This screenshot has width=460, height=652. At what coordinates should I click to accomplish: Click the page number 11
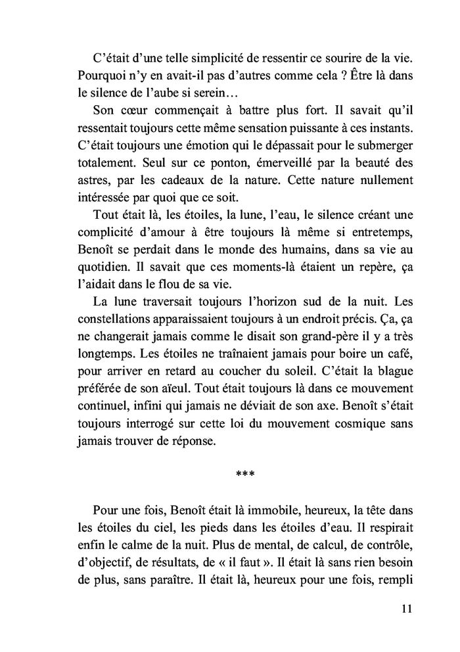click(x=405, y=609)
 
